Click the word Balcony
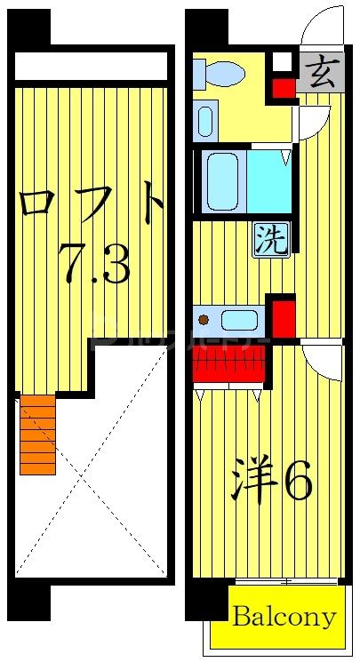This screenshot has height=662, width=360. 284,616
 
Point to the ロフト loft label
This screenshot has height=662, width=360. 92,204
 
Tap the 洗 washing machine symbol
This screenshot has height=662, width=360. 271,238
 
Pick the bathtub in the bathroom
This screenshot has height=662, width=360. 222,181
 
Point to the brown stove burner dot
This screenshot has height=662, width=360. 204,319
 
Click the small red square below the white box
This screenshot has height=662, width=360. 283,88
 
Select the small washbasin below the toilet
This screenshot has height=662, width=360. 205,119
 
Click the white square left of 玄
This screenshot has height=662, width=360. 282,62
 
